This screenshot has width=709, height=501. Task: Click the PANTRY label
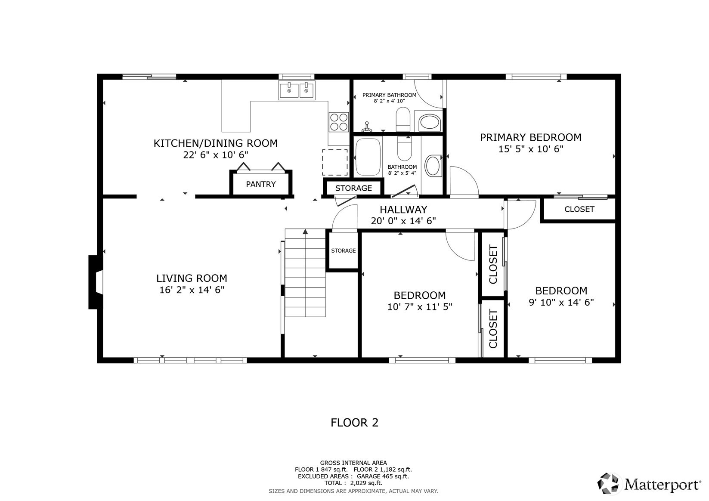click(260, 184)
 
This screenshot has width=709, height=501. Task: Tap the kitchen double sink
click(297, 91)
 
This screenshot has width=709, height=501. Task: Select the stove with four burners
click(338, 122)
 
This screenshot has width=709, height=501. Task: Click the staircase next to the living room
click(305, 273)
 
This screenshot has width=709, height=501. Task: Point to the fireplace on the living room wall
click(96, 282)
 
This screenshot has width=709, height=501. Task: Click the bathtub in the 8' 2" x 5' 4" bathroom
click(368, 157)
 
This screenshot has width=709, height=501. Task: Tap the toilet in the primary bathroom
click(403, 119)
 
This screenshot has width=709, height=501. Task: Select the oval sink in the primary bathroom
click(428, 122)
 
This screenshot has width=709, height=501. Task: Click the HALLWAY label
click(403, 210)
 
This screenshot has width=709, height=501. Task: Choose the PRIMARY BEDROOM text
click(530, 137)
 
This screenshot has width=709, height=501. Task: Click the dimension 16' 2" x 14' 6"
click(192, 290)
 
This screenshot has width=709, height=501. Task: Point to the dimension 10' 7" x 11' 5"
click(419, 307)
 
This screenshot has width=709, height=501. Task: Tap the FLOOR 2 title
click(354, 423)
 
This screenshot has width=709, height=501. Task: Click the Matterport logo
click(650, 484)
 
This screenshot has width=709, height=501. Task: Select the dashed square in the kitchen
click(334, 162)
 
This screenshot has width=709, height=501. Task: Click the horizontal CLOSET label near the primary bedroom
click(579, 209)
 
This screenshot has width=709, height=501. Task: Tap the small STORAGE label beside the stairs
click(343, 251)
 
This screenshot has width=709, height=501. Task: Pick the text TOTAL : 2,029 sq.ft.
click(353, 483)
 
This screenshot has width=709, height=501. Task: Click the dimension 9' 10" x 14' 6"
click(561, 303)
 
